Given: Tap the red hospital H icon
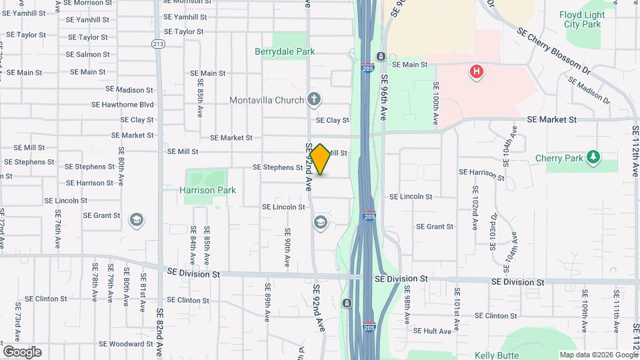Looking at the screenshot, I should (476, 71).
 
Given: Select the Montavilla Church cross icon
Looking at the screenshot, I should (314, 100).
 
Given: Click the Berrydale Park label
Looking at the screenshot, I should (285, 51).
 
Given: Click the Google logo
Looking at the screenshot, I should (22, 351).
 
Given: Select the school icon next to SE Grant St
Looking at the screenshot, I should (137, 221).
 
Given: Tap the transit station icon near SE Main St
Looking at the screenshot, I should (380, 57).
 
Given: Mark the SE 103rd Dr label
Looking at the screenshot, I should (493, 231).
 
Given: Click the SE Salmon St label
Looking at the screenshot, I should (88, 55).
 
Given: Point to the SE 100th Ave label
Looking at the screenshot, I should (435, 103).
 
